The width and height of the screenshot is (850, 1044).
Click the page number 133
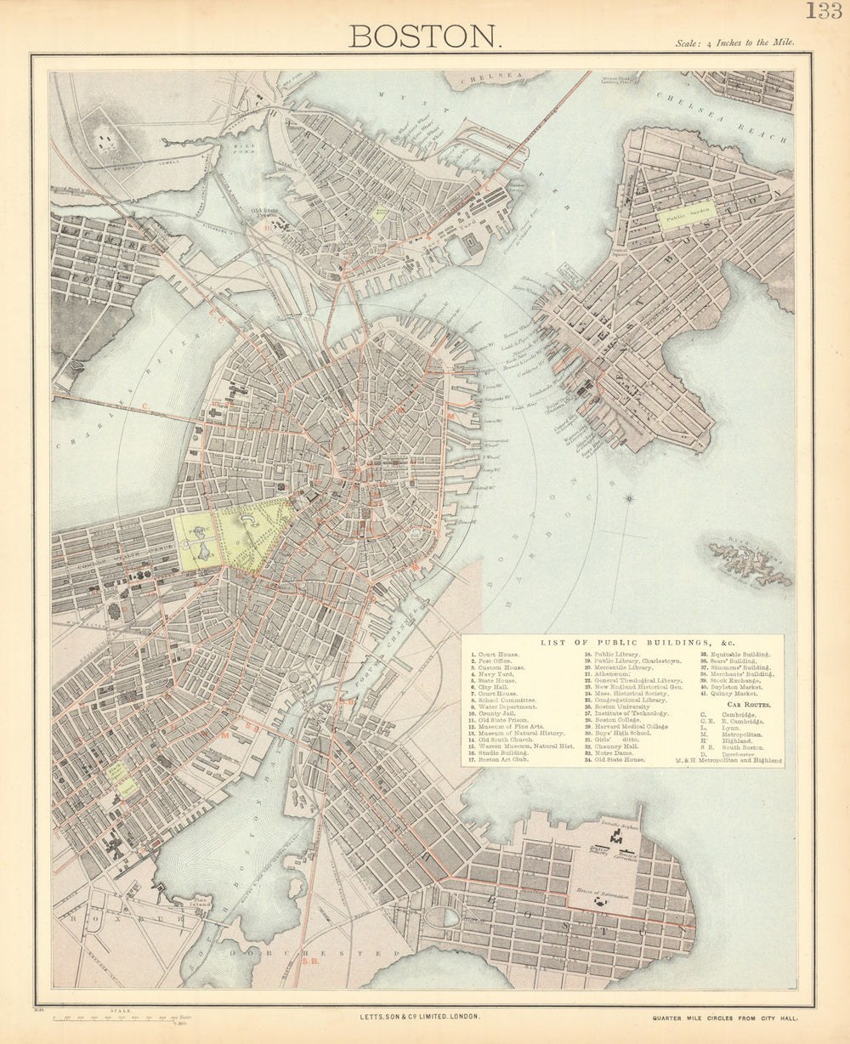[x=823, y=11]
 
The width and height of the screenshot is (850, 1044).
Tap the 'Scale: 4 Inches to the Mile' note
[x=734, y=42]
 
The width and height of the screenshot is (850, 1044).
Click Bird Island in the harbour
[x=750, y=563]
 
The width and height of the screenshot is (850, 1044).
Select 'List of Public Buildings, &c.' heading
[x=622, y=642]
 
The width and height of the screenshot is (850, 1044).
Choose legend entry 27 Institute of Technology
[x=626, y=713]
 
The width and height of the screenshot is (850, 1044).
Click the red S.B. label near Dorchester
[x=310, y=961]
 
